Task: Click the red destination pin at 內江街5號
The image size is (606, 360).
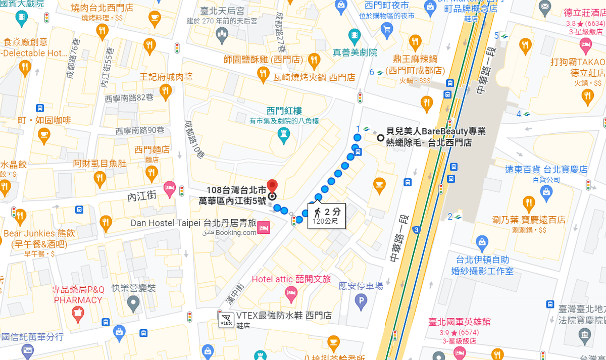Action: click(x=272, y=185)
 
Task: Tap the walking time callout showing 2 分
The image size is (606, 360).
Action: click(x=327, y=216)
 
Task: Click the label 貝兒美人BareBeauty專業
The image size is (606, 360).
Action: click(x=436, y=131)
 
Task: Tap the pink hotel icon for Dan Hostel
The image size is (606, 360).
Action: click(x=263, y=229)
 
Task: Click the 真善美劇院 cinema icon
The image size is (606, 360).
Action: click(x=355, y=35)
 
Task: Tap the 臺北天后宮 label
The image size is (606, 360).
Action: click(x=223, y=10)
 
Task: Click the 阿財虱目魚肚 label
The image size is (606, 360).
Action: click(x=99, y=164)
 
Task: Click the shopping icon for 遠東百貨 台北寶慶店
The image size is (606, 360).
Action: click(x=546, y=192)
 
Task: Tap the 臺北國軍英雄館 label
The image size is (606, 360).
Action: click(x=459, y=322)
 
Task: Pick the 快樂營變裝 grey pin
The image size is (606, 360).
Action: click(x=133, y=303)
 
